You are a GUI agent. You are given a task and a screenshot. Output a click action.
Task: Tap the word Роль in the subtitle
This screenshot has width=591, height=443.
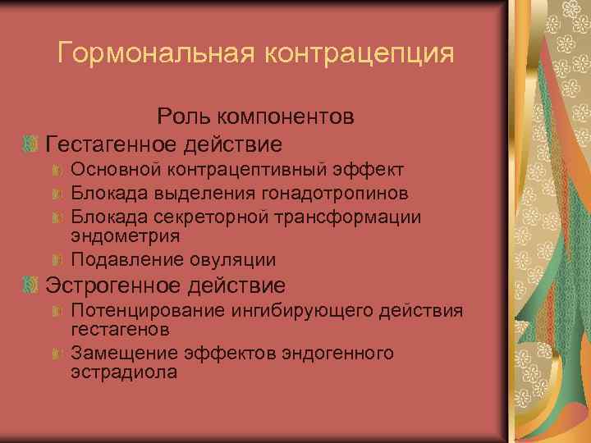(181, 116)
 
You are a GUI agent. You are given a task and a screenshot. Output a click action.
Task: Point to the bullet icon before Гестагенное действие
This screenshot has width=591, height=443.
(30, 144)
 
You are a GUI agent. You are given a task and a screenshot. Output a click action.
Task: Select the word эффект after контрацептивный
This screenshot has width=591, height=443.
(370, 170)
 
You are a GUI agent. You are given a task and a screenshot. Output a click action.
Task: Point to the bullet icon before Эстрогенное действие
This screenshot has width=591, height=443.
(30, 285)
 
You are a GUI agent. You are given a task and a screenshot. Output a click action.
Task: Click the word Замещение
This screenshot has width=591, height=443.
(121, 353)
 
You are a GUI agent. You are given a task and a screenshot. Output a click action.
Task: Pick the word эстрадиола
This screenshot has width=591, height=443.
(124, 371)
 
